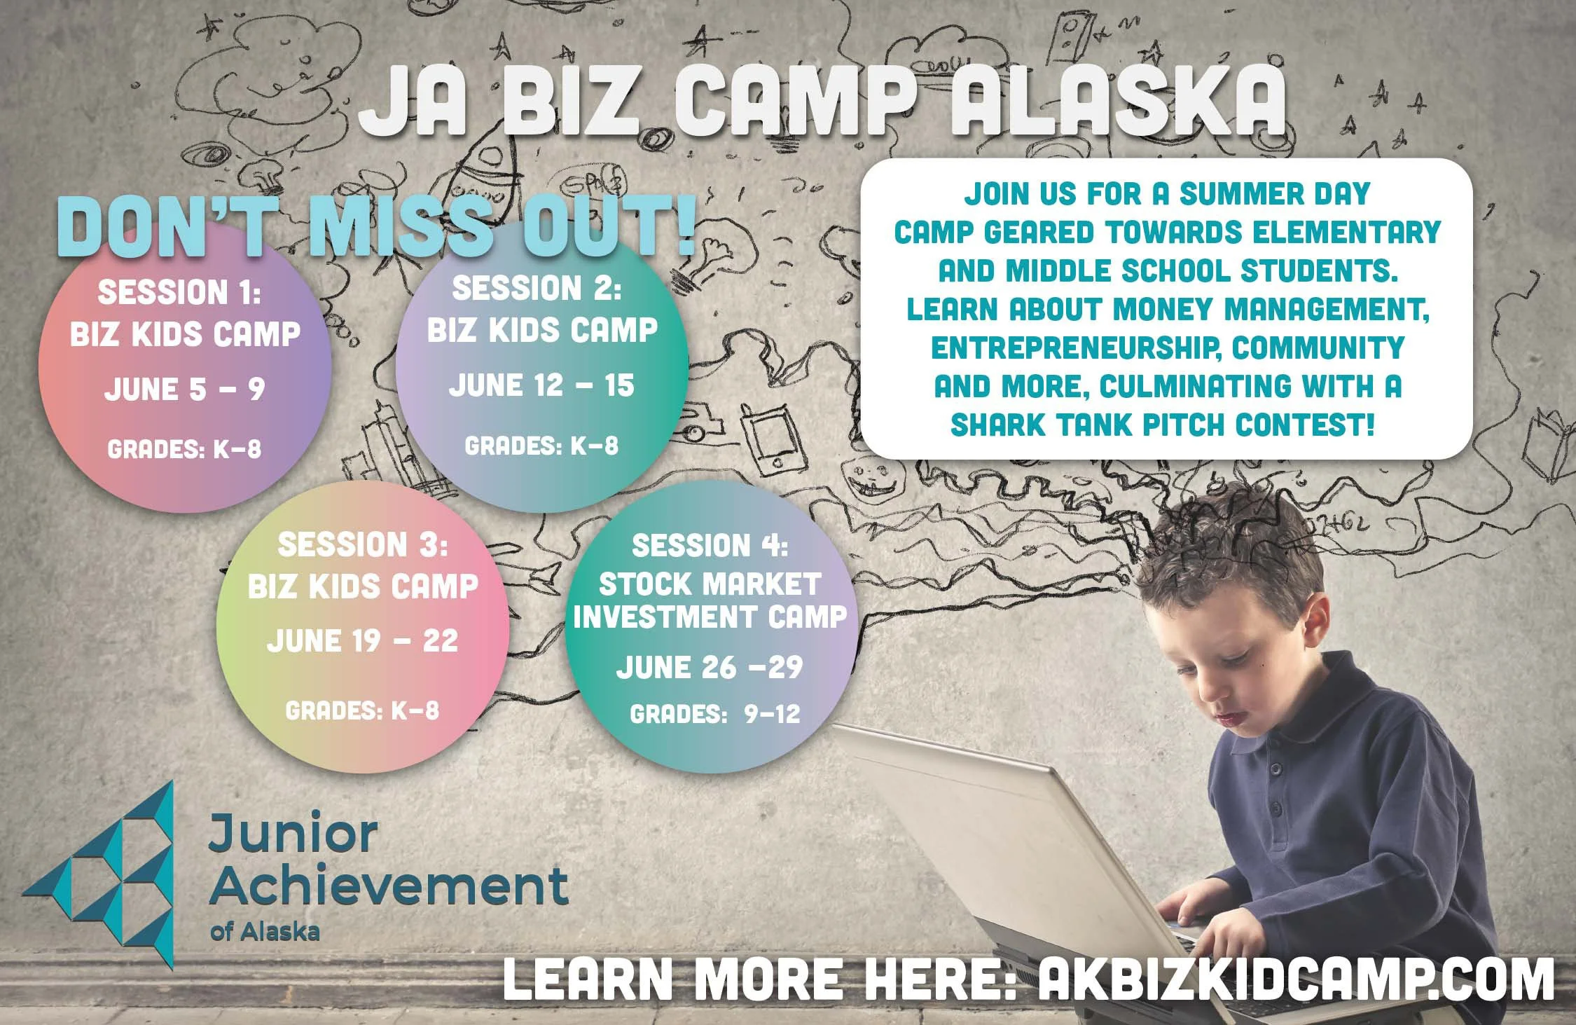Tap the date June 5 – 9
[185, 390]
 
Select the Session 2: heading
[537, 288]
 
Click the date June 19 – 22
[362, 640]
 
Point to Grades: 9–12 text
[714, 714]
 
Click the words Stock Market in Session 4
[709, 584]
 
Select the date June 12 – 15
[541, 385]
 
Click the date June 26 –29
[709, 667]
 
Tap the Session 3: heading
[362, 544]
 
